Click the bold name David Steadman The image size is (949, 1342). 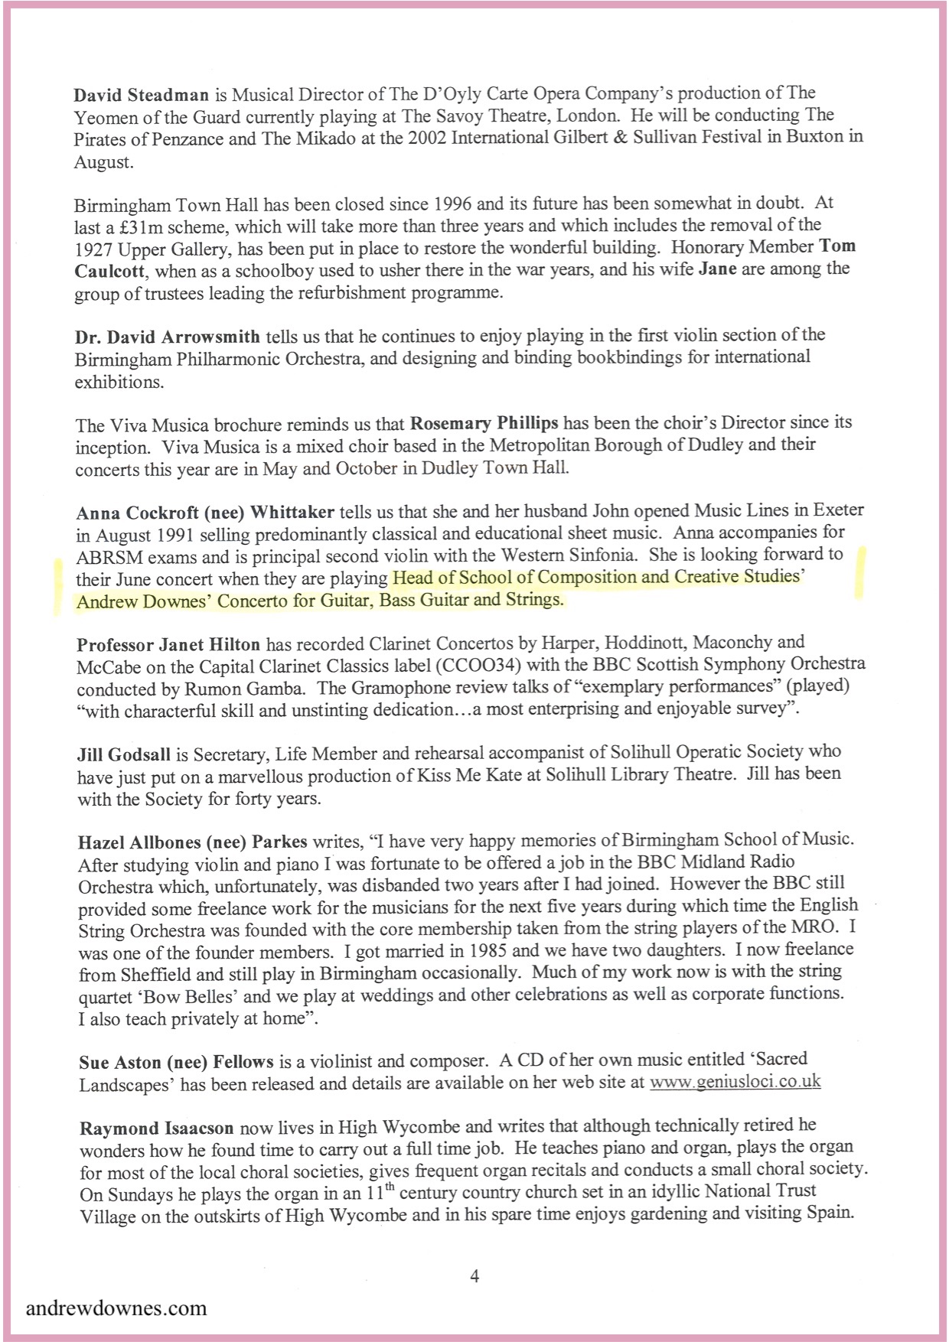pyautogui.click(x=142, y=95)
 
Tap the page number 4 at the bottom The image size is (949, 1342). pyautogui.click(x=475, y=1275)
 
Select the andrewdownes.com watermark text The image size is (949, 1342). pyautogui.click(x=116, y=1307)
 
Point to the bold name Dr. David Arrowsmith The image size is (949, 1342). pyautogui.click(x=168, y=336)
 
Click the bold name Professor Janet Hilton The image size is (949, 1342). pyautogui.click(x=168, y=644)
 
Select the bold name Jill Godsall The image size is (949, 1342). pyautogui.click(x=125, y=754)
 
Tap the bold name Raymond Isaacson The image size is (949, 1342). pyautogui.click(x=157, y=1129)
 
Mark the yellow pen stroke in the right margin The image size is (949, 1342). pyautogui.click(x=861, y=570)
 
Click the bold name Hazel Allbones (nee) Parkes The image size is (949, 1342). pyautogui.click(x=192, y=842)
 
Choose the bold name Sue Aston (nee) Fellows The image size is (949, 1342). pyautogui.click(x=176, y=1062)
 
